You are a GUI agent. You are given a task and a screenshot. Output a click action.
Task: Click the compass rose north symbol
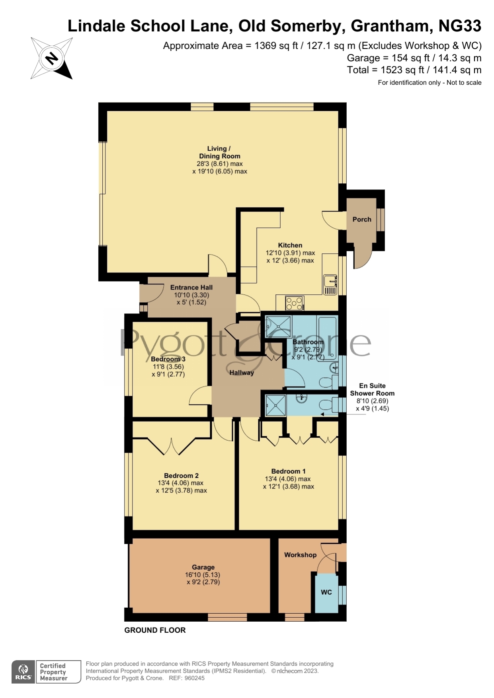52,58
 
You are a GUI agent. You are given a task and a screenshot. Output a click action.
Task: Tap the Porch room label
361,220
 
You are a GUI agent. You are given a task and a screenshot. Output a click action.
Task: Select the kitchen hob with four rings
295,303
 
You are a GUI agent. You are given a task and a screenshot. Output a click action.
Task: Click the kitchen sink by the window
330,285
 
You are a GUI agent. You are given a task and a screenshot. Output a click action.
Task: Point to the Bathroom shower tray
278,327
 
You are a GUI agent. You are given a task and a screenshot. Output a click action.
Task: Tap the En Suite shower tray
275,405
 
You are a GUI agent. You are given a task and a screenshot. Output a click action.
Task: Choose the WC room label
326,592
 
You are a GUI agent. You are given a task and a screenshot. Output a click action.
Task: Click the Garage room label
203,567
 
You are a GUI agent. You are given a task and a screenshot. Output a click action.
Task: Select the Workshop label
300,555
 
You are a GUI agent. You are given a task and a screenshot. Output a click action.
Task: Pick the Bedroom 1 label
288,471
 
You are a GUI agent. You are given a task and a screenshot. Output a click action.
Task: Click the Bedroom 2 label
181,476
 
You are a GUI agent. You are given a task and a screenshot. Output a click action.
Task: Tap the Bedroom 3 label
168,359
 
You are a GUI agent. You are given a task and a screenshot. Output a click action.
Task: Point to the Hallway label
242,373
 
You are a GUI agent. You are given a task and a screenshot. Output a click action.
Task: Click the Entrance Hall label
191,288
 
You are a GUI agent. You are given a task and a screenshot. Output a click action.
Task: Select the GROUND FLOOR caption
155,630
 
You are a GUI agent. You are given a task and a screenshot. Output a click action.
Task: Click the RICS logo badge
23,672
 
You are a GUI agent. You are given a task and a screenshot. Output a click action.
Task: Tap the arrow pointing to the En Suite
343,414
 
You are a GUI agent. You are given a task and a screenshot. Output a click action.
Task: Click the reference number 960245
195,678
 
